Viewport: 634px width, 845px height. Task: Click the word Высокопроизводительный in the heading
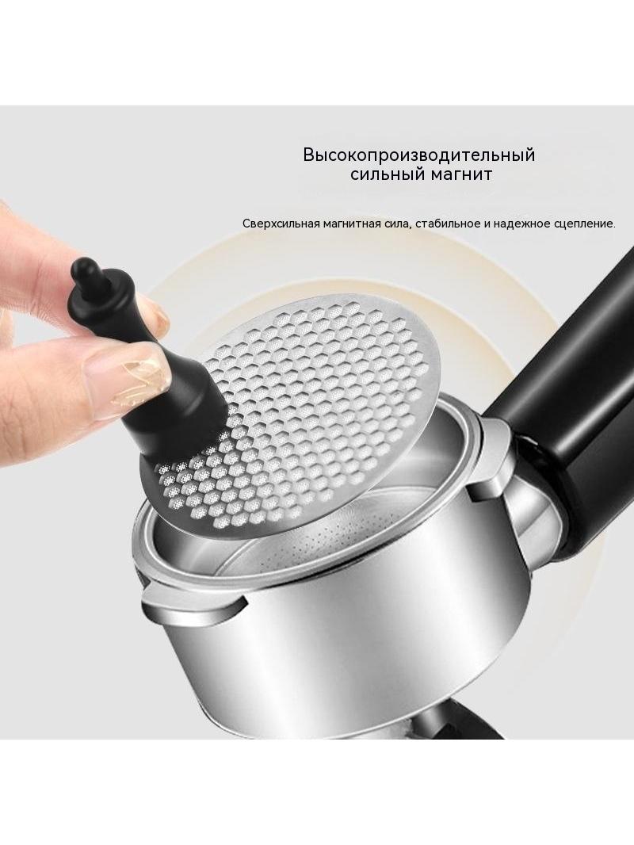pos(418,155)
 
